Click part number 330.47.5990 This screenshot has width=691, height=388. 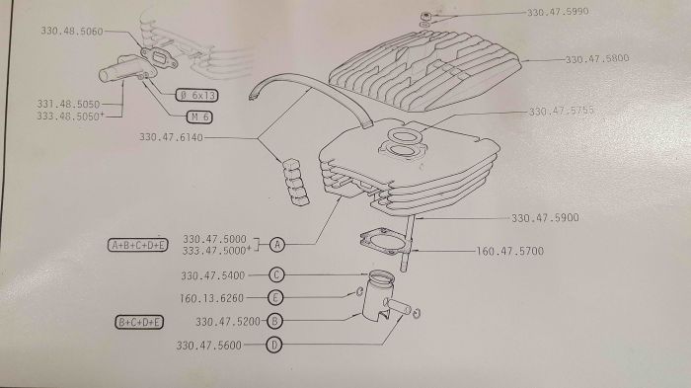[558, 12]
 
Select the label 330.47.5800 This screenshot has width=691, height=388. [597, 58]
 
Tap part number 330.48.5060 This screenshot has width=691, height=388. [72, 32]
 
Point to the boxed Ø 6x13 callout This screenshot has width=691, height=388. [196, 95]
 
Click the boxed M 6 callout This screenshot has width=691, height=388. [199, 116]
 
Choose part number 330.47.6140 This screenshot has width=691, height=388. [172, 137]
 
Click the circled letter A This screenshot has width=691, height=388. [276, 244]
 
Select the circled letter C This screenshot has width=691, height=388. [276, 275]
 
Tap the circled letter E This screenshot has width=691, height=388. [275, 297]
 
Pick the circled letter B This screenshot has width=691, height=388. [274, 321]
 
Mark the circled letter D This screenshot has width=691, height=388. [274, 345]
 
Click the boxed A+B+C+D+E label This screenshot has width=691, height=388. [138, 245]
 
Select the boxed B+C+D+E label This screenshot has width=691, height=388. [139, 322]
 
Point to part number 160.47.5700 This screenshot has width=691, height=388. [510, 252]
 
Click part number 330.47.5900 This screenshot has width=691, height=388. [545, 218]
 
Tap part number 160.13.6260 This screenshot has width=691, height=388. [212, 298]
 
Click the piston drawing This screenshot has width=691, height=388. [378, 295]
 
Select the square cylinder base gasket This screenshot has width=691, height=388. [384, 241]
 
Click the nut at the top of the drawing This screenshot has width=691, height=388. [425, 16]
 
